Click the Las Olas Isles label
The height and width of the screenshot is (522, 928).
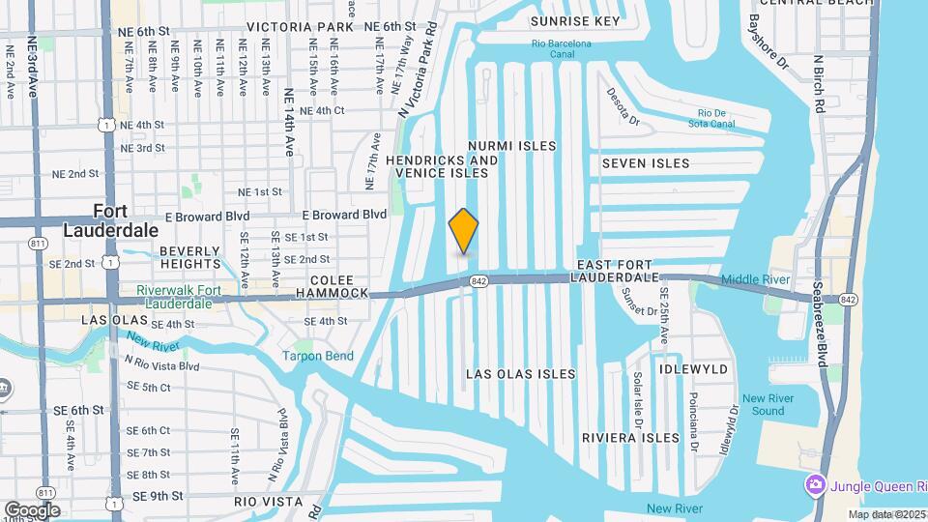(521, 374)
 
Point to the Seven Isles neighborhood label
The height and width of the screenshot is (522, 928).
(646, 163)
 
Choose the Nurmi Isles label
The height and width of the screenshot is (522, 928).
(512, 146)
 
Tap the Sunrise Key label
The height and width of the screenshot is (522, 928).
(575, 20)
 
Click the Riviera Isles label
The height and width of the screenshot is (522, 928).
(631, 438)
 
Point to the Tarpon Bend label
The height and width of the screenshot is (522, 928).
(318, 356)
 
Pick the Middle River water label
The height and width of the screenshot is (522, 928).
(756, 279)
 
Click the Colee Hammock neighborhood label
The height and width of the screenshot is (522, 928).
(332, 285)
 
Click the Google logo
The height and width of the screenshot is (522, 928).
(32, 509)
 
